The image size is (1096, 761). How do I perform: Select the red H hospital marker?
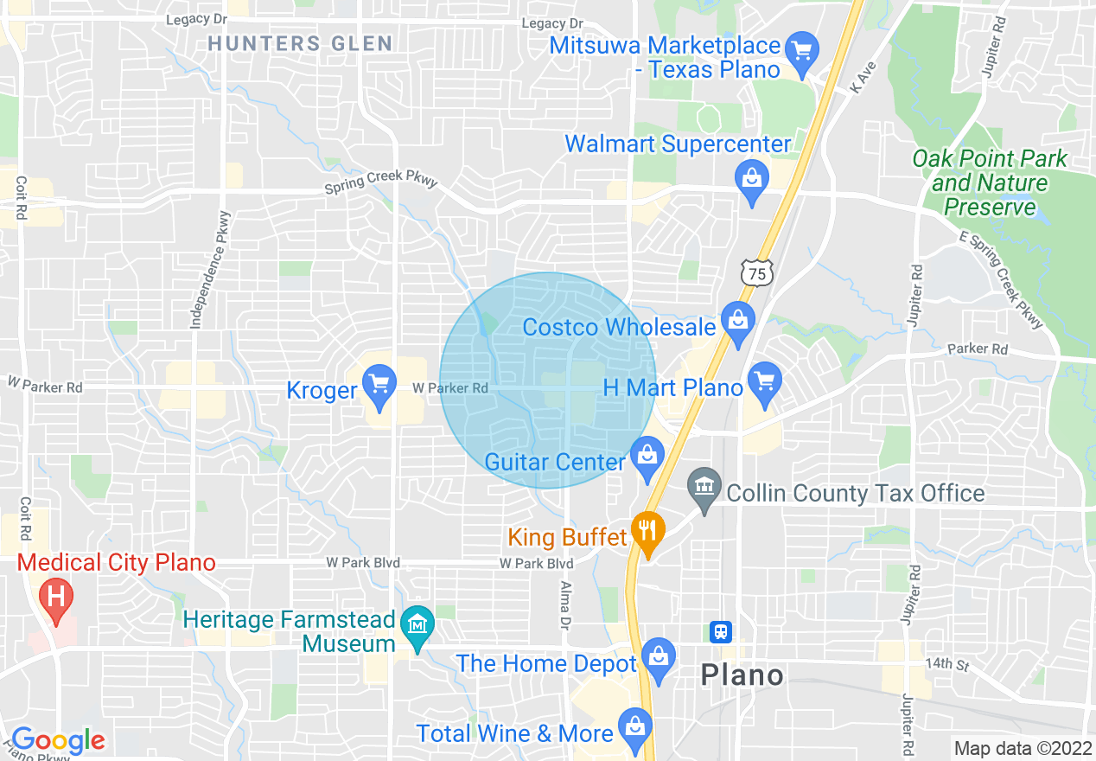tap(56, 598)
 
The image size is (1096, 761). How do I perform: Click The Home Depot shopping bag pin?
tap(659, 658)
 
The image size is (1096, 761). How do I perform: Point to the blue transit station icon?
tap(721, 631)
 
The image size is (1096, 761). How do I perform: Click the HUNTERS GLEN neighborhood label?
tap(300, 43)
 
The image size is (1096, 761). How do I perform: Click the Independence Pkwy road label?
tap(210, 270)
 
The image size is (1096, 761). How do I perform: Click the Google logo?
tap(58, 740)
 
